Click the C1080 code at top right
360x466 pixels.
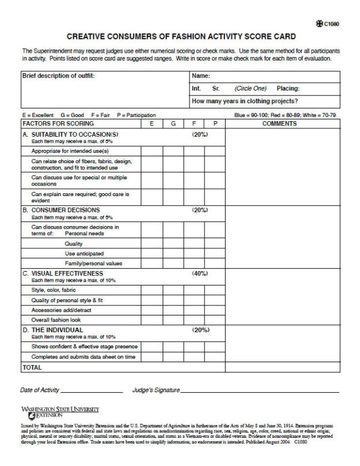coord(331,24)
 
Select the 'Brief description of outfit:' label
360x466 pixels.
coord(58,76)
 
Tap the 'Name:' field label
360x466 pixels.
coord(200,76)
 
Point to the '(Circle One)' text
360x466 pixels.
coord(250,88)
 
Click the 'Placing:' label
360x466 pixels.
coord(289,88)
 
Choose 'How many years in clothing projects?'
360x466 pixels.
coord(244,101)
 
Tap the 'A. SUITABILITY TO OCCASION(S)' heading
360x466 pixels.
coord(74,134)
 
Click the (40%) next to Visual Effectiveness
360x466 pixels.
coord(200,273)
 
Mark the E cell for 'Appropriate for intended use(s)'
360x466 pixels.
coord(152,151)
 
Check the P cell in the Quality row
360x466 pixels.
coord(215,244)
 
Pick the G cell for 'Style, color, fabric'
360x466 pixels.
coord(173,290)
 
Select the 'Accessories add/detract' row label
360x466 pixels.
coord(61,310)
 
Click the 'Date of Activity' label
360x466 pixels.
coord(40,390)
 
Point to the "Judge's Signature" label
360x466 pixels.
coord(155,390)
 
